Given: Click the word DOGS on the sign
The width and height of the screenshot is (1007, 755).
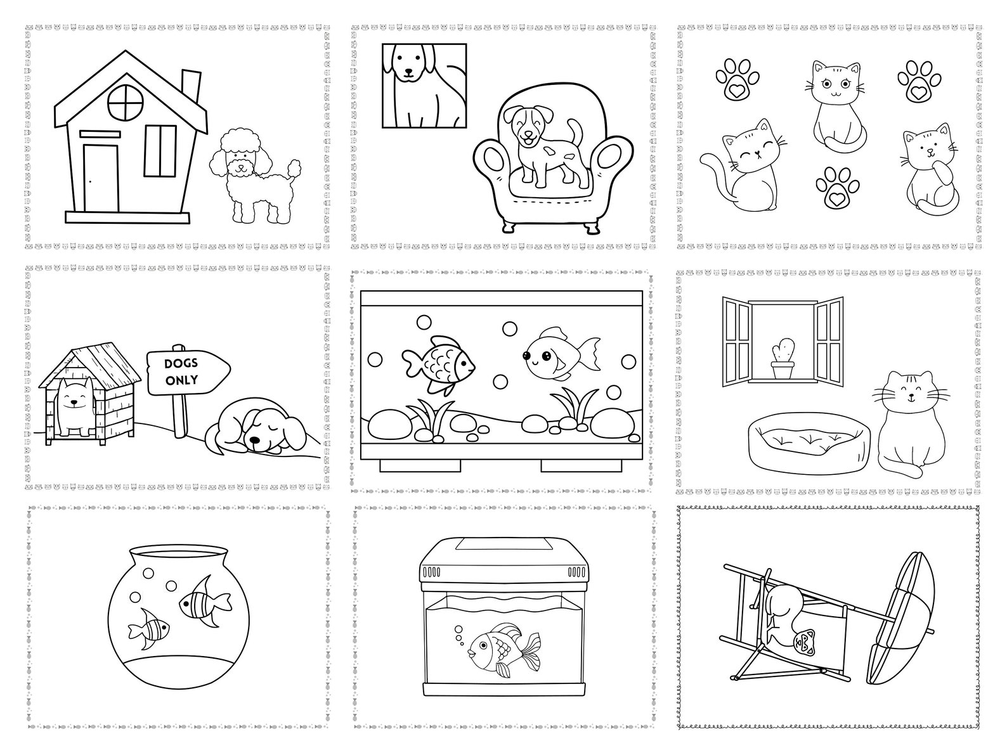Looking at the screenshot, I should click(181, 365).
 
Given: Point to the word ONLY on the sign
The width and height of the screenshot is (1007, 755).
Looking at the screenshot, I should click(181, 380).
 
